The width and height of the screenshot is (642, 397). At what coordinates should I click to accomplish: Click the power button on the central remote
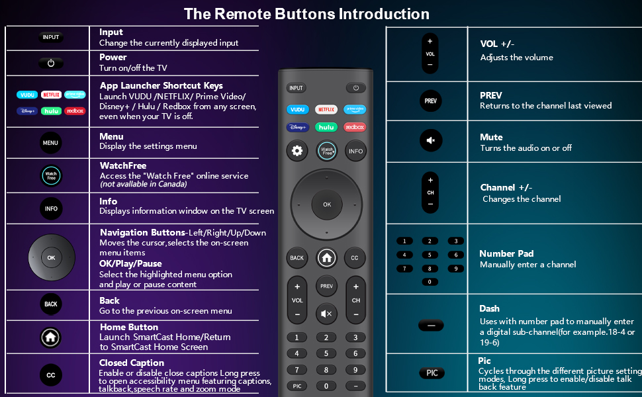(x=355, y=88)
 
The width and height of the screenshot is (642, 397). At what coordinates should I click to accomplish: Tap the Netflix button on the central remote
(x=326, y=109)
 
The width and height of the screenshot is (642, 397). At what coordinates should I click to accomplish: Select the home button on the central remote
(x=326, y=258)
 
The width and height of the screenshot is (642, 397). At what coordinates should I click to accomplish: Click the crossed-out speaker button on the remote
(x=326, y=314)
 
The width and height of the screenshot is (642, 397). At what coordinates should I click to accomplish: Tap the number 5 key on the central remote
(x=326, y=353)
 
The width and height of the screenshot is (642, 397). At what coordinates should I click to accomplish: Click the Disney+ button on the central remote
(x=297, y=127)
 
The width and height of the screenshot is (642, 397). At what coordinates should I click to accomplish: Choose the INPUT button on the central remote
(x=296, y=88)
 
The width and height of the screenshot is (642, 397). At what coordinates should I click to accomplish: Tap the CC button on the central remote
(x=355, y=258)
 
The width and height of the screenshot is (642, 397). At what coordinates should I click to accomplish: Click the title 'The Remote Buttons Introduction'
(x=306, y=14)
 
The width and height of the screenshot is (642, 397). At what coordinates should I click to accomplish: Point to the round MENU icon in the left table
(x=50, y=143)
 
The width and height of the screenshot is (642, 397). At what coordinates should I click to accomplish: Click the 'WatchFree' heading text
(x=123, y=165)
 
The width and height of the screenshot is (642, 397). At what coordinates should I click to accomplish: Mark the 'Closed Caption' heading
(x=132, y=363)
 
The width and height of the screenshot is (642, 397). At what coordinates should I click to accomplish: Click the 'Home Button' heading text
(x=129, y=327)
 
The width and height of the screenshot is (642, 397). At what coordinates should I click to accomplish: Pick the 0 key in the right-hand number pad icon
(x=430, y=282)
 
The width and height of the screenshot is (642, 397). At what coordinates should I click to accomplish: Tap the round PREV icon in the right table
(x=430, y=101)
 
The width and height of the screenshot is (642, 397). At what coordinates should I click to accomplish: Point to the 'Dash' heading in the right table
(x=490, y=308)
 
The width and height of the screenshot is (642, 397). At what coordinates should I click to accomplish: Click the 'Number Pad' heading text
(x=506, y=253)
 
